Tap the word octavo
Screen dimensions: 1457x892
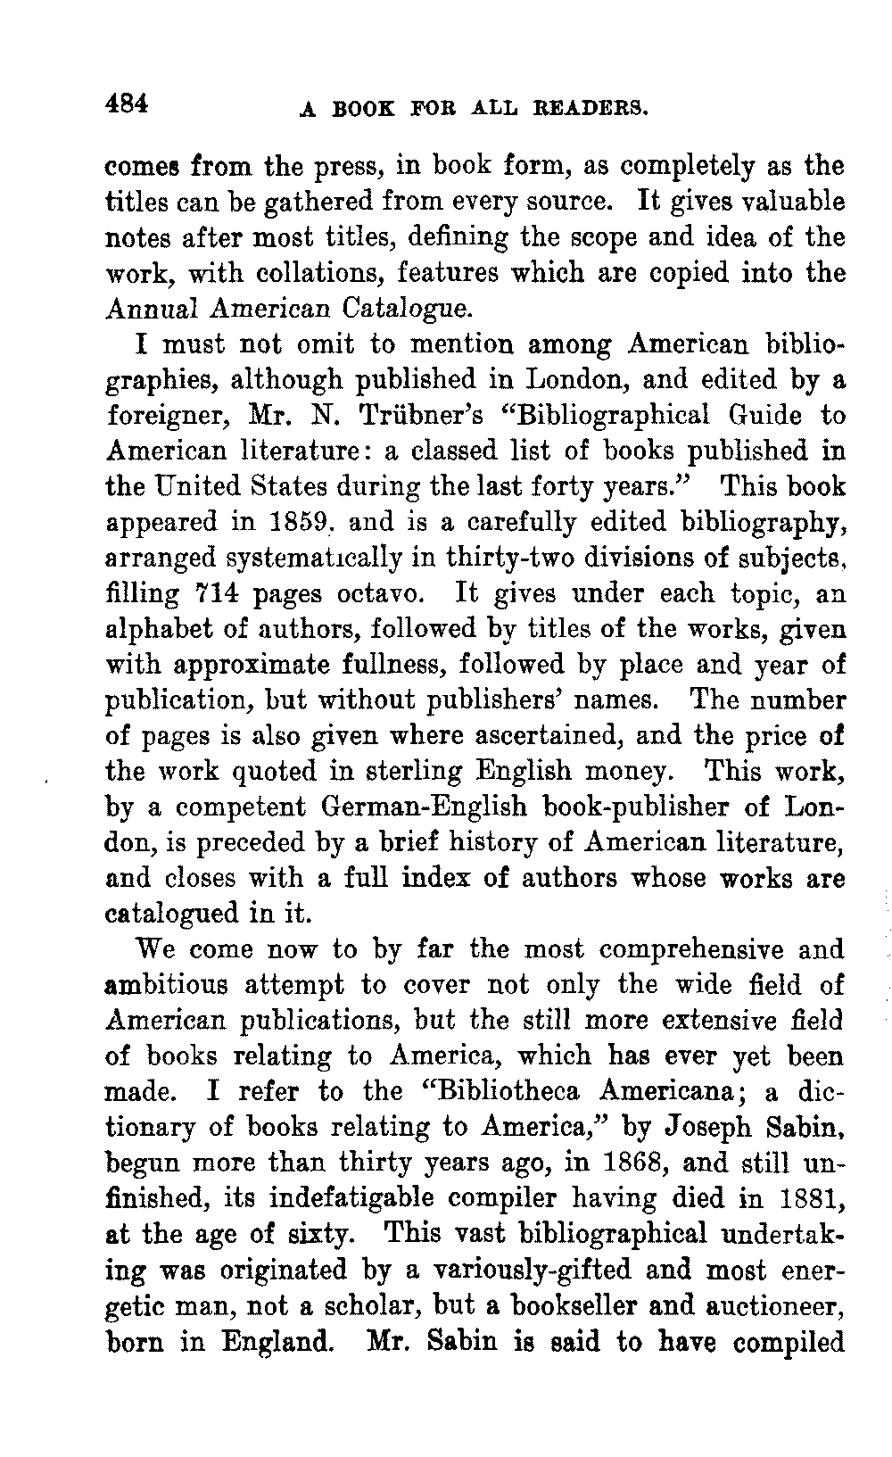pyautogui.click(x=385, y=594)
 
